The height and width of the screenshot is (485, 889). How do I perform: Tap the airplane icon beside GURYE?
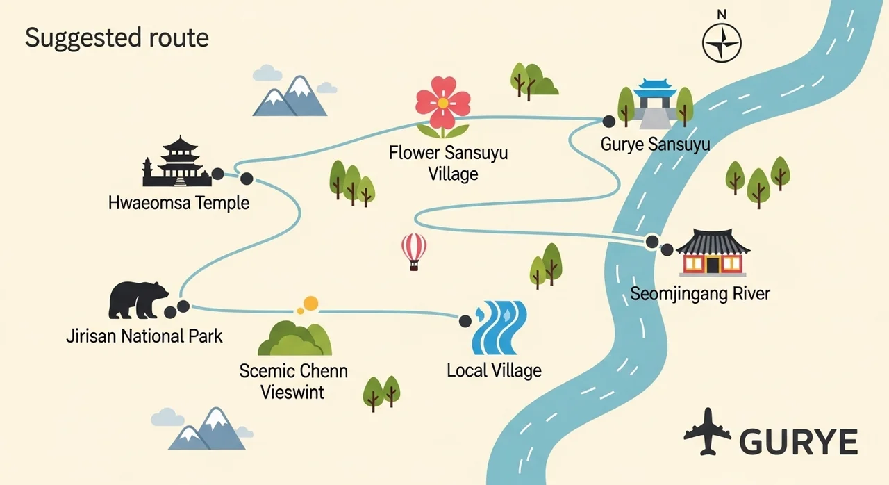(708, 432)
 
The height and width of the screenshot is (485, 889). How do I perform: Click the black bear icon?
(138, 300)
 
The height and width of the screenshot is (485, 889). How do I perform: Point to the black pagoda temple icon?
(176, 163)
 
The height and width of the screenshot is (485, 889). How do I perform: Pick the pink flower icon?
(442, 106)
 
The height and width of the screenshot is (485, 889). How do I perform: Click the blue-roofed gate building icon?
(656, 103)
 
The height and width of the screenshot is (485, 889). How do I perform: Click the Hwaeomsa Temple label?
(178, 204)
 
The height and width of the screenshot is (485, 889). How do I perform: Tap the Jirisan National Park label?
(144, 336)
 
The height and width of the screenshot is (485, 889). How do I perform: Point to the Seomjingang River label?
(700, 293)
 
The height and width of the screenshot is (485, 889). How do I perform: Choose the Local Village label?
(494, 370)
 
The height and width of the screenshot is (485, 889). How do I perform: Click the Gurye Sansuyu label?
(656, 145)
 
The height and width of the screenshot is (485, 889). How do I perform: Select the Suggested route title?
(117, 38)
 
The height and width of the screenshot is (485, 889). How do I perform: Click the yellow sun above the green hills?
(310, 303)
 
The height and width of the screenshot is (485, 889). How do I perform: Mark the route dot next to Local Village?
(465, 320)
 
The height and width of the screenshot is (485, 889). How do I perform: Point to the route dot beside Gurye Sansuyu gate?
(608, 122)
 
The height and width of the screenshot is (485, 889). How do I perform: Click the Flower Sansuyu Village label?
(449, 163)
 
